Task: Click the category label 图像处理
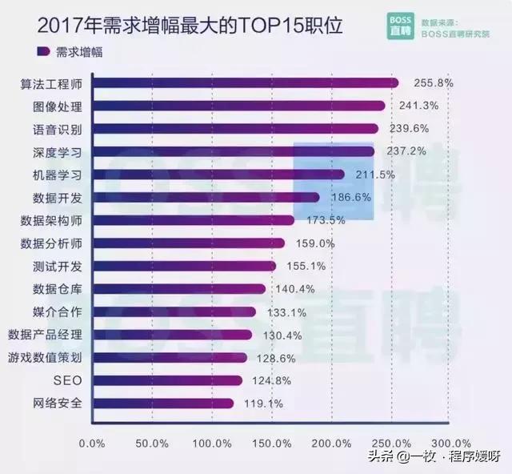click(x=55, y=106)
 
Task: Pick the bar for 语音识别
click(x=235, y=129)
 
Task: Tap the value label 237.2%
click(x=408, y=151)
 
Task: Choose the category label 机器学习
click(x=55, y=175)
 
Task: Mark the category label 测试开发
click(x=55, y=266)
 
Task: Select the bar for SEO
click(x=168, y=380)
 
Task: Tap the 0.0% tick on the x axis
click(x=94, y=443)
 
